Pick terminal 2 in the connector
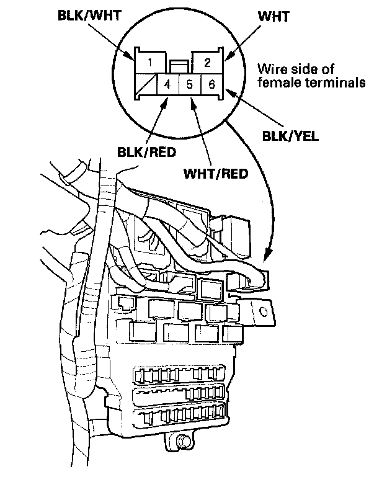coord(207,62)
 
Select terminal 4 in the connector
coord(167,84)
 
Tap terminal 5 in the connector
coord(190,84)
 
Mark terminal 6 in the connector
coord(211,84)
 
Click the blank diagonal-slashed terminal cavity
coord(146,84)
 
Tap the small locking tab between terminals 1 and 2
coord(179,65)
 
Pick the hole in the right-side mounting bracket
coord(262,311)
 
